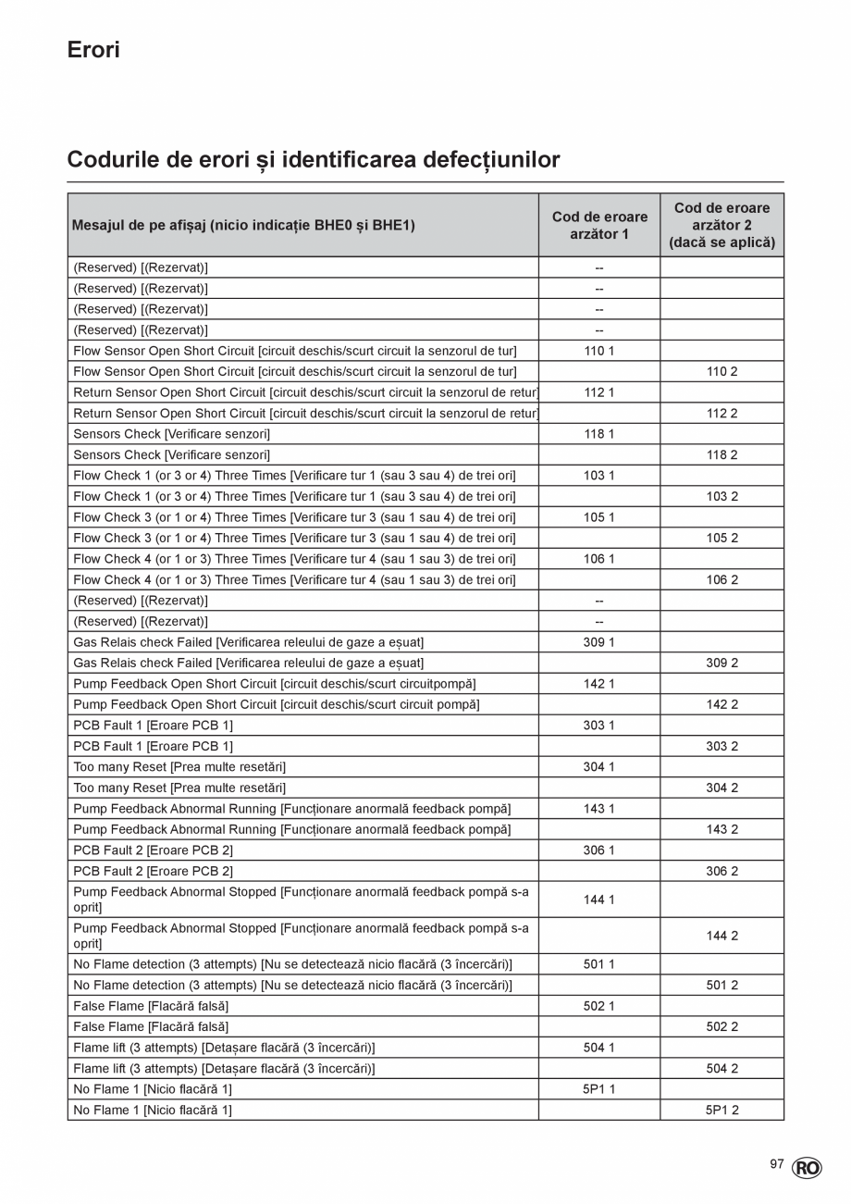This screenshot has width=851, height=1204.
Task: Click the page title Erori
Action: [x=93, y=50]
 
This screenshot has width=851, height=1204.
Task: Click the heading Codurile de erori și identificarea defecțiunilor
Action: [x=314, y=160]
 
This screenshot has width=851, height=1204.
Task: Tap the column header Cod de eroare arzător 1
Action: [x=599, y=225]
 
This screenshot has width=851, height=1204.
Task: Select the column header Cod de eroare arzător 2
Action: [x=721, y=225]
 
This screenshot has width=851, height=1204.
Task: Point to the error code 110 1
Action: [x=599, y=351]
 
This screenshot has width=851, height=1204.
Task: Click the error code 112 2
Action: [x=721, y=413]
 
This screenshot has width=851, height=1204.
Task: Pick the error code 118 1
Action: [x=599, y=434]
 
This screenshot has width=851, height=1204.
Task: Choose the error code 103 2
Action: [x=721, y=496]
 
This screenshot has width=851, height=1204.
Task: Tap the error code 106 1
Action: [x=599, y=559]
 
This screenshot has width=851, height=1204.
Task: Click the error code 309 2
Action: [x=721, y=663]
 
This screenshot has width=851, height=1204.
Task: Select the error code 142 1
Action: [x=599, y=684]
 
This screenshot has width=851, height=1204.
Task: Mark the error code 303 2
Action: [x=721, y=746]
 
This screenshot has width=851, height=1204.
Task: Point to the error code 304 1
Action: [x=599, y=767]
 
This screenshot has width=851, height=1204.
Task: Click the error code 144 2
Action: [x=721, y=936]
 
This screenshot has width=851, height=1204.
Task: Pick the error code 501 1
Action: [x=599, y=964]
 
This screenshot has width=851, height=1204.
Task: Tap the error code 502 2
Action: [x=721, y=1026]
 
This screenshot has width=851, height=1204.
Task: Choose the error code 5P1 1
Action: [x=599, y=1089]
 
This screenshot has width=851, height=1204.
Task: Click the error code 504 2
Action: [x=721, y=1068]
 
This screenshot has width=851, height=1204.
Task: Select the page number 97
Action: [x=777, y=1164]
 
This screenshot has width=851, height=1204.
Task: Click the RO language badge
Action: [x=807, y=1169]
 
